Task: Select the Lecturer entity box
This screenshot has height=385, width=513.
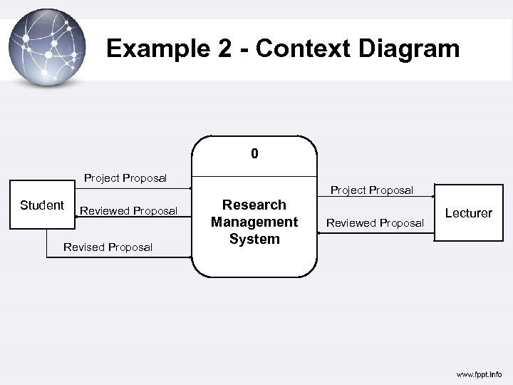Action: [x=468, y=212]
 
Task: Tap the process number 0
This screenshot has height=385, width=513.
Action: [x=254, y=154]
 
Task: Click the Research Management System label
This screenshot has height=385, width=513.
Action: [x=254, y=222]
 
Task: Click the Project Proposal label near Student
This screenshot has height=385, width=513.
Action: [x=125, y=178]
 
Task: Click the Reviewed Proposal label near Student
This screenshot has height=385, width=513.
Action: [x=128, y=211]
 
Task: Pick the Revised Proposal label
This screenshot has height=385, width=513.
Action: [x=108, y=247]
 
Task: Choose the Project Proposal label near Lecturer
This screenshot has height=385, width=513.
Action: [x=371, y=190]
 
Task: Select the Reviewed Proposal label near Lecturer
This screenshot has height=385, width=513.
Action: [x=375, y=223]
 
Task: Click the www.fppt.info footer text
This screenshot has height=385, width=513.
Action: [x=478, y=374]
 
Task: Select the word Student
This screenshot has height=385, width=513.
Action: [x=41, y=205]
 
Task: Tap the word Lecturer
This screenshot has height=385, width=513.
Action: [x=468, y=213]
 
